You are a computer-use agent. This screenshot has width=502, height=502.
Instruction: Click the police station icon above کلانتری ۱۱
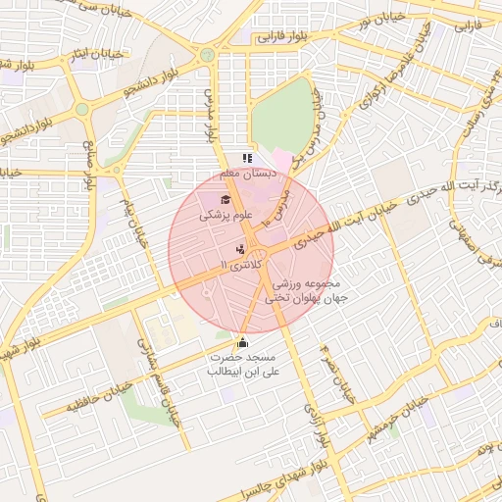click(241, 250)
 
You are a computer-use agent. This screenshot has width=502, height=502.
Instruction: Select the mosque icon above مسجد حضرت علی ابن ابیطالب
click(242, 343)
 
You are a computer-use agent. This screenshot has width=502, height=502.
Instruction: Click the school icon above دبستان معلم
click(247, 158)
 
